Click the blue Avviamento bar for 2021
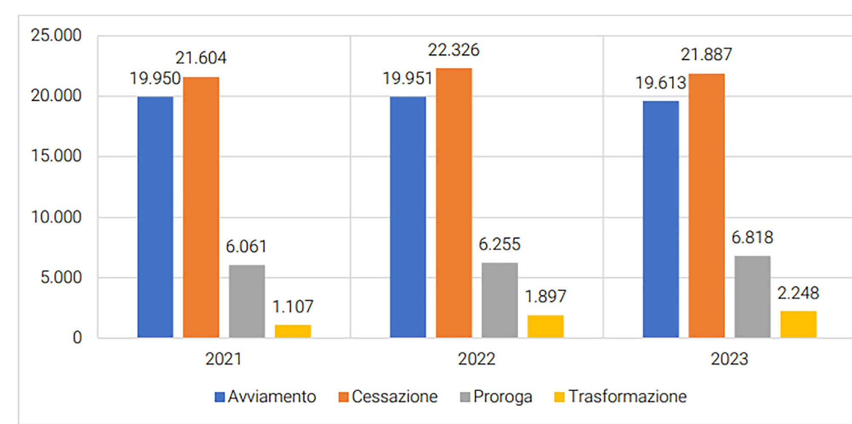155,217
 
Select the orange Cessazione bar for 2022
454,203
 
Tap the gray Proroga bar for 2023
752,297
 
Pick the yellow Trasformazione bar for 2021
293,331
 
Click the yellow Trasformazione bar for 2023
798,324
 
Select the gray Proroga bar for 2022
500,300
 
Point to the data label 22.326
454,50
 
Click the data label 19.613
661,83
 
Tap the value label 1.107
293,306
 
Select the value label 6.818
752,237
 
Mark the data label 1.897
545,296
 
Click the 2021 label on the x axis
223,359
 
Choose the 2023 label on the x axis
729,359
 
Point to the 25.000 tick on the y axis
56,35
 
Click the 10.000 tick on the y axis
56,217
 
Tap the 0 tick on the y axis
77,337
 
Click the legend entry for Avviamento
265,397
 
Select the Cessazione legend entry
388,397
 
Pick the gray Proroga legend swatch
465,397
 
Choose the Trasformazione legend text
627,397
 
